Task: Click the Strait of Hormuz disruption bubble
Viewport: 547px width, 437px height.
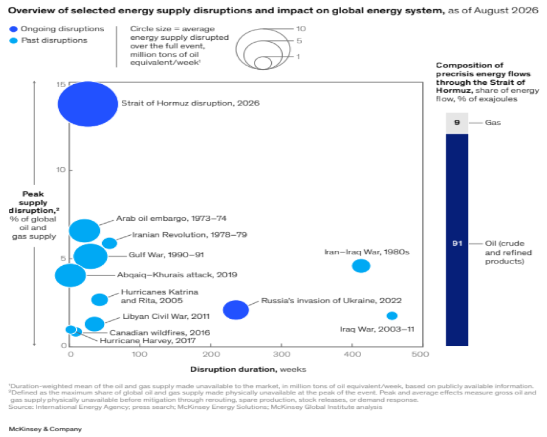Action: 88,104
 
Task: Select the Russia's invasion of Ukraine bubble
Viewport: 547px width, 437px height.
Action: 236,310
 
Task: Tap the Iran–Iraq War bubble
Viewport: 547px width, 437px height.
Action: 361,266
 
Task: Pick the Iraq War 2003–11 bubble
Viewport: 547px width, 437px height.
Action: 392,316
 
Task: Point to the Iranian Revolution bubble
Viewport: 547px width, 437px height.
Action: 110,243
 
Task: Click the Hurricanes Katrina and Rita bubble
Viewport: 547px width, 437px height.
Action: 100,299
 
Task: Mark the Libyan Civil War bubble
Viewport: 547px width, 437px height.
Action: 95,324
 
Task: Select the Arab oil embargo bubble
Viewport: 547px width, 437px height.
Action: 84,231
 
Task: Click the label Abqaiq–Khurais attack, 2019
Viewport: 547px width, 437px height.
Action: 177,275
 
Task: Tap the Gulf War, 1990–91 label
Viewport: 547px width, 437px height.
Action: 166,255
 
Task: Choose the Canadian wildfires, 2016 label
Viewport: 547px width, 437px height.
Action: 160,333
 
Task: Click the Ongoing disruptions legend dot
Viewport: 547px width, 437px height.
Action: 14,29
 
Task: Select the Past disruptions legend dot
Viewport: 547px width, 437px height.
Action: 14,41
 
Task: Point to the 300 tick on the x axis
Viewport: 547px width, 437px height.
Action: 282,355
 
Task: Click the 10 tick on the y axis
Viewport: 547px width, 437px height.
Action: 61,169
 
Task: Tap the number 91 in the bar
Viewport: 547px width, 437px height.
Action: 457,243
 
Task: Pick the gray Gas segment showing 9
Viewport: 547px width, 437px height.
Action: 457,123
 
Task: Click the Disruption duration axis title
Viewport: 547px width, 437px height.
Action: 248,370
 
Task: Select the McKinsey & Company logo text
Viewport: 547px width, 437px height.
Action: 46,429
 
